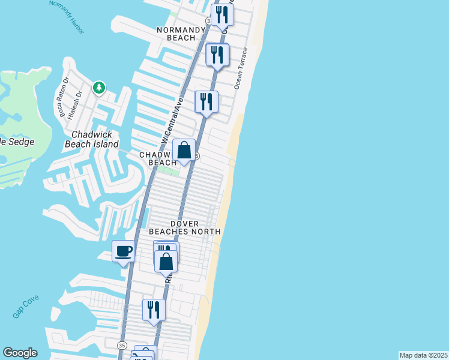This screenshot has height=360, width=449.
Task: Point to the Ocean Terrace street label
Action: tap(242, 69)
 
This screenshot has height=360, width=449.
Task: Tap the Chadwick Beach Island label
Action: tap(95, 140)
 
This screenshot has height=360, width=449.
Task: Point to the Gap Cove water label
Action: tap(24, 309)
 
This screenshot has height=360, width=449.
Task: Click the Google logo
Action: tap(19, 353)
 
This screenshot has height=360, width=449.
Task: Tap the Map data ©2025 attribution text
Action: tap(424, 355)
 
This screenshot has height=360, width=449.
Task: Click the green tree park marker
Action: tap(98, 88)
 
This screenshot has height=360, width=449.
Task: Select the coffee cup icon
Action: tap(123, 251)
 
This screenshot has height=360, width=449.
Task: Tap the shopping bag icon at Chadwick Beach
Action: tap(184, 149)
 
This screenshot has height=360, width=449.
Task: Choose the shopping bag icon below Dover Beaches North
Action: tap(166, 262)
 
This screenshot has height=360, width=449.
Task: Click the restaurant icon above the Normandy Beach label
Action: tap(222, 15)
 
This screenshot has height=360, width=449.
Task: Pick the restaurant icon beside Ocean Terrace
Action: tap(217, 55)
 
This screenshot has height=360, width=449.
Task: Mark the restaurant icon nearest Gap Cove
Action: tap(154, 310)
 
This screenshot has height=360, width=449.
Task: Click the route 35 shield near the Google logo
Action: tap(122, 346)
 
